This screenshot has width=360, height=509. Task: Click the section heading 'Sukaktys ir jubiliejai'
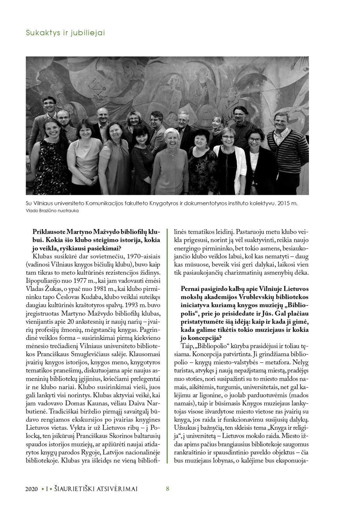(65, 33)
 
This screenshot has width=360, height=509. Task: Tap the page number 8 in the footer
(167, 489)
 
